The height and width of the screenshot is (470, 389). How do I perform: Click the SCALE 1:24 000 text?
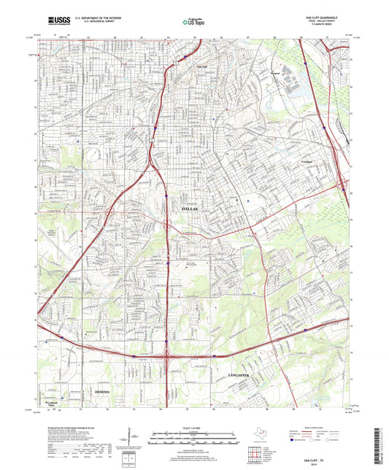tap(195, 427)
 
